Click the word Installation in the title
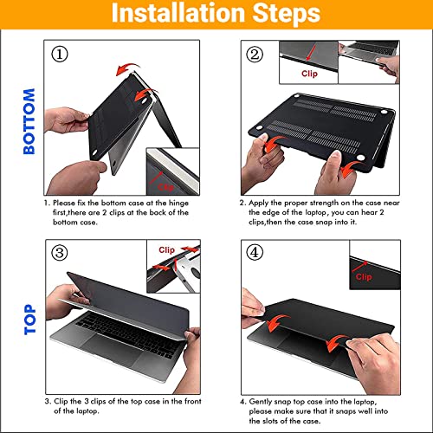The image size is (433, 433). pyautogui.click(x=178, y=13)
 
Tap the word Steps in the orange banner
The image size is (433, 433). pyautogui.click(x=287, y=14)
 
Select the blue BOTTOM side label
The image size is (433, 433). pyautogui.click(x=29, y=121)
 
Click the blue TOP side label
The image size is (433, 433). pyautogui.click(x=29, y=320)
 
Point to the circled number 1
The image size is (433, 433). pyautogui.click(x=60, y=54)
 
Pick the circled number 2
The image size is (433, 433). pyautogui.click(x=255, y=54)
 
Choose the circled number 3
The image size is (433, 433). pyautogui.click(x=60, y=253)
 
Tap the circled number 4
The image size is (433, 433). pyautogui.click(x=255, y=253)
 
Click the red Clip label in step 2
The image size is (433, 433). pyautogui.click(x=309, y=74)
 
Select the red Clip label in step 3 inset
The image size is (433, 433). pyautogui.click(x=166, y=250)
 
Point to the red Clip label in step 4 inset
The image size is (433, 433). pyautogui.click(x=364, y=277)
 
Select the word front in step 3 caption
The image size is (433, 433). pyautogui.click(x=193, y=401)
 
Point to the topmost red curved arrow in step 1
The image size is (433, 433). pyautogui.click(x=127, y=69)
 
